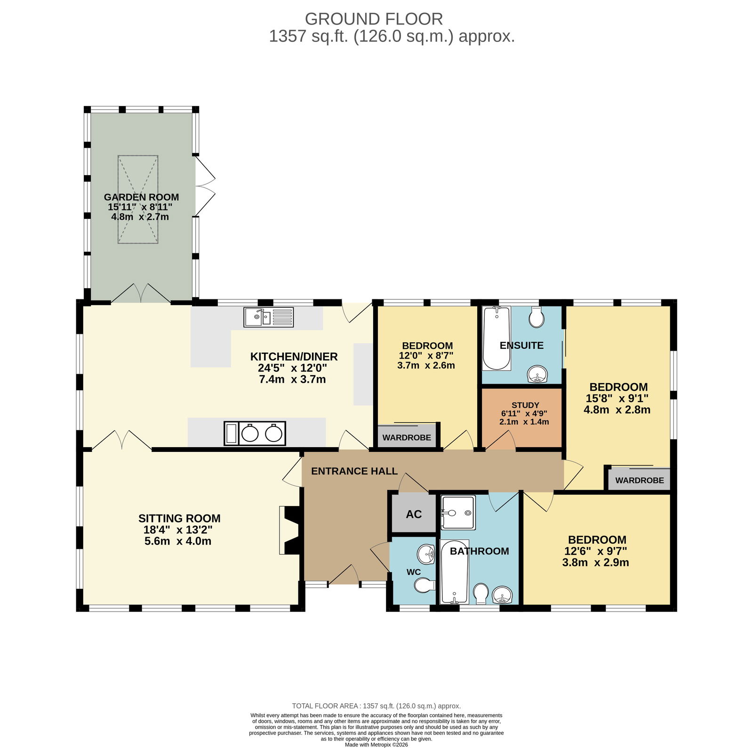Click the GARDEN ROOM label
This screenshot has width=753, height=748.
coord(141,197)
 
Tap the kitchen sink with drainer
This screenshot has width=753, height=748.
coord(269,317)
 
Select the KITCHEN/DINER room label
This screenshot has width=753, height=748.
coord(294,357)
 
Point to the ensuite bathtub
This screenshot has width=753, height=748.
coord(497,338)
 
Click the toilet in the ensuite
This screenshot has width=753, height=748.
coord(537,317)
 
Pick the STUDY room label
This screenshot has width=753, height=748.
coord(525,405)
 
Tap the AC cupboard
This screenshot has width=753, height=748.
coord(414,514)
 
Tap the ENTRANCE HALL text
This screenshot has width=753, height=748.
coord(354,471)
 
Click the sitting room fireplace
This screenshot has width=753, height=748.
coord(289,530)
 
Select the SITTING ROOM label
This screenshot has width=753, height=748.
coord(179,519)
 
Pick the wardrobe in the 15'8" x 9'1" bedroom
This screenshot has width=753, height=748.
coord(639,478)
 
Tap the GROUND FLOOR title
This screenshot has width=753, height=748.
coord(374,19)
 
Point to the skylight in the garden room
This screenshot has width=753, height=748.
coord(138,200)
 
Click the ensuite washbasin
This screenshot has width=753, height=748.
coord(537,375)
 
